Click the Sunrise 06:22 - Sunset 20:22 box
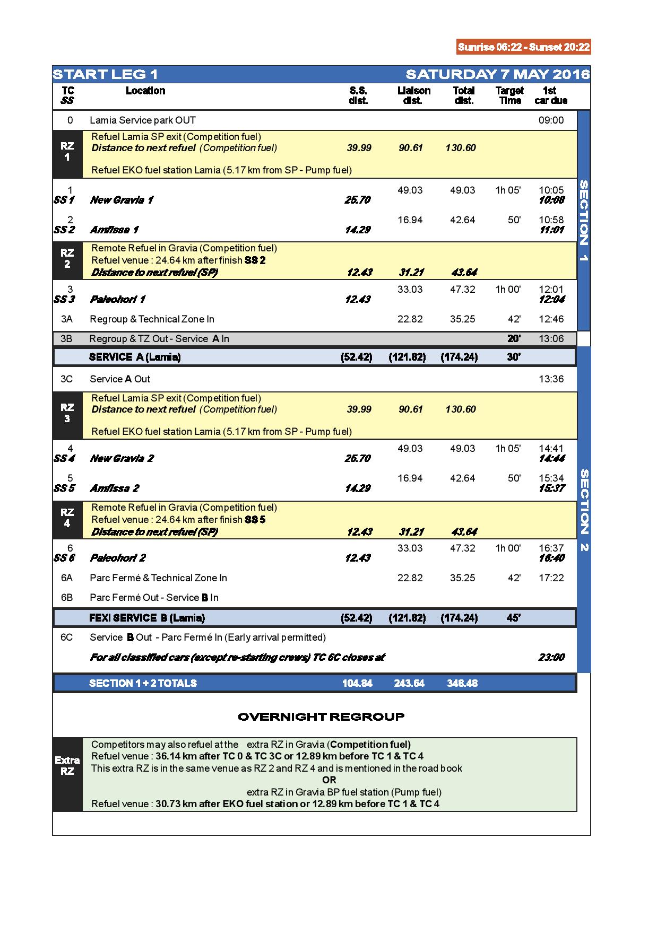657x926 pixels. pyautogui.click(x=523, y=47)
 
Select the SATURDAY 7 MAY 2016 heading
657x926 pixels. pyautogui.click(x=497, y=74)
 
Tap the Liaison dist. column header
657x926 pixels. pyautogui.click(x=413, y=95)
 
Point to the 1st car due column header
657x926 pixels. pyautogui.click(x=550, y=95)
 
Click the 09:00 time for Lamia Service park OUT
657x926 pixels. pyautogui.click(x=551, y=120)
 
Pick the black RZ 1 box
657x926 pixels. pyautogui.click(x=67, y=154)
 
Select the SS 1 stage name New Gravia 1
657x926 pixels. pyautogui.click(x=122, y=200)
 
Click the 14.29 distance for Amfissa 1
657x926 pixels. pyautogui.click(x=357, y=230)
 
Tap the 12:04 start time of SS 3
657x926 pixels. pyautogui.click(x=551, y=299)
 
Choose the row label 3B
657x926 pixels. pyautogui.click(x=67, y=338)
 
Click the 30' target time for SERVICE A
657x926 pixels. pyautogui.click(x=513, y=357)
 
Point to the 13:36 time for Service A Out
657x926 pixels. pyautogui.click(x=551, y=379)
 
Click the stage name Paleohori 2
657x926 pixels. pyautogui.click(x=118, y=558)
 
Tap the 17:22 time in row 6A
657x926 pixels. pyautogui.click(x=551, y=578)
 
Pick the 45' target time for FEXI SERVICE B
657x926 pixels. pyautogui.click(x=513, y=618)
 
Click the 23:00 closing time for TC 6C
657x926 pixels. pyautogui.click(x=551, y=658)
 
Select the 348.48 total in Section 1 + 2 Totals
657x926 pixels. pyautogui.click(x=462, y=683)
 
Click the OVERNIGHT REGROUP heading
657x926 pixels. pyautogui.click(x=321, y=717)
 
